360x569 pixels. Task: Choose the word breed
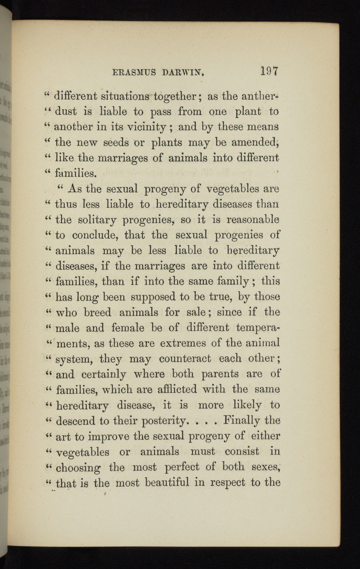coord(98,312)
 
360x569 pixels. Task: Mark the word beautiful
coord(172,483)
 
